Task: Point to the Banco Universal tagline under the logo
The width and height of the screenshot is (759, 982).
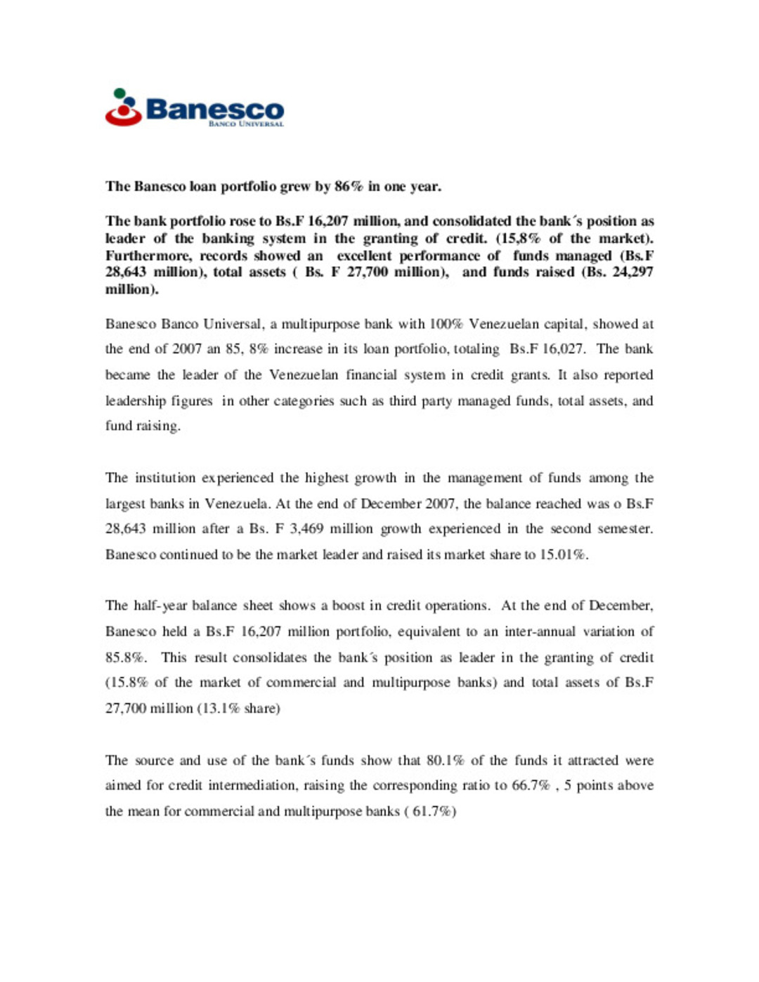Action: pos(246,124)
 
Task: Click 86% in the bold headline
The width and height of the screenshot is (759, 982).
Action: pos(349,186)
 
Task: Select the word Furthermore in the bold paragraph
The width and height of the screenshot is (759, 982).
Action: pos(148,256)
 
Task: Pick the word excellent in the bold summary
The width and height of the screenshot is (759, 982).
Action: pos(364,256)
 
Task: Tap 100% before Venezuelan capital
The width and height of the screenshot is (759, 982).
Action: pos(446,325)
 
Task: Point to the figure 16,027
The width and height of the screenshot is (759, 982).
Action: pos(562,349)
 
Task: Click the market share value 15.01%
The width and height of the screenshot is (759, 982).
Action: pos(563,555)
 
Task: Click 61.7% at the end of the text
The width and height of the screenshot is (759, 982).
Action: pos(432,812)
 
